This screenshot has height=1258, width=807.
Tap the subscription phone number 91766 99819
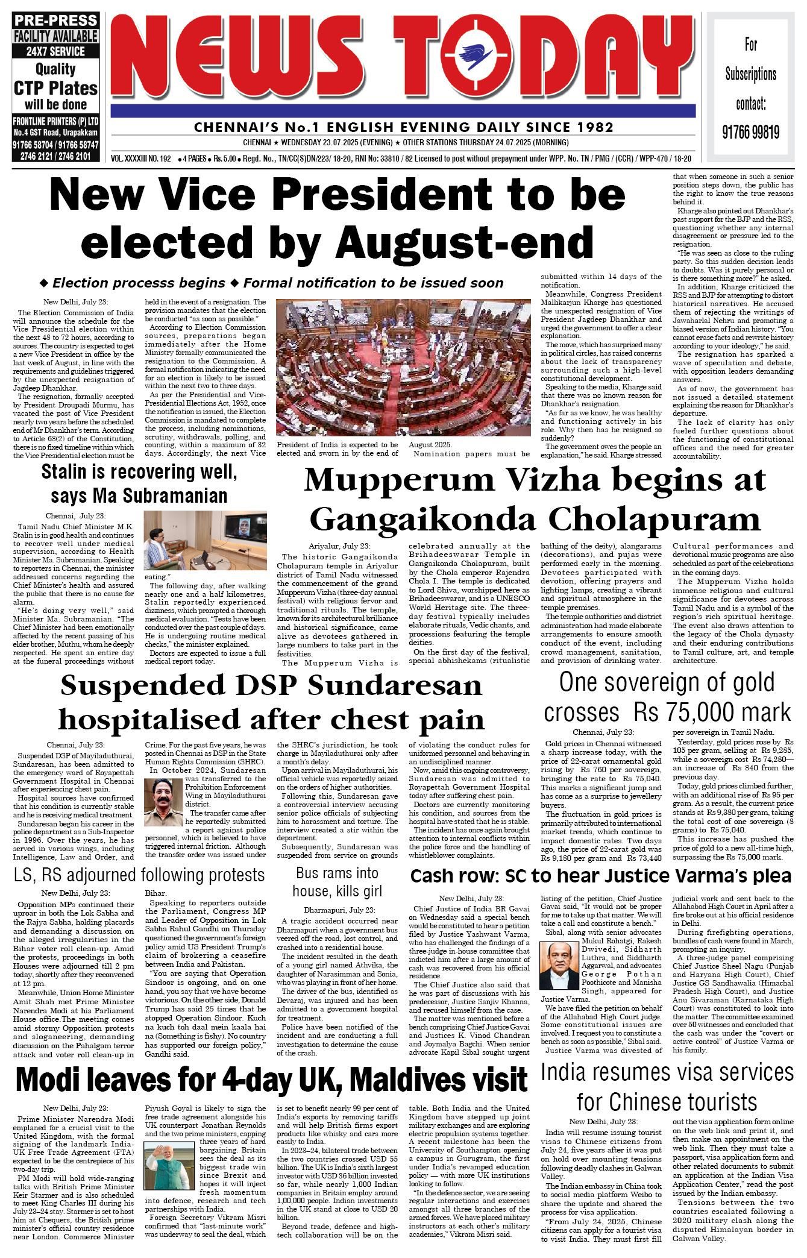pos(751,132)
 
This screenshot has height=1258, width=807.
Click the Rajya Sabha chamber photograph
pos(403,367)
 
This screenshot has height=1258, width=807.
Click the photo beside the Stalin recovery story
pos(205,540)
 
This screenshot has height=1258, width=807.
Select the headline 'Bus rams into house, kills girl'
pos(337,882)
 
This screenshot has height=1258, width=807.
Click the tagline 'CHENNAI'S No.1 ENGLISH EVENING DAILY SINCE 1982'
pos(403,127)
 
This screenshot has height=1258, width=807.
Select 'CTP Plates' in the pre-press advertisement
pos(55,89)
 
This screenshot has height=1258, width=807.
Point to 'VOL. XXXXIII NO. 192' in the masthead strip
pos(141,159)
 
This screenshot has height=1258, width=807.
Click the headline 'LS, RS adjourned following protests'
pos(139,875)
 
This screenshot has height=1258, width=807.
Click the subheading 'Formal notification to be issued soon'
pos(373,283)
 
